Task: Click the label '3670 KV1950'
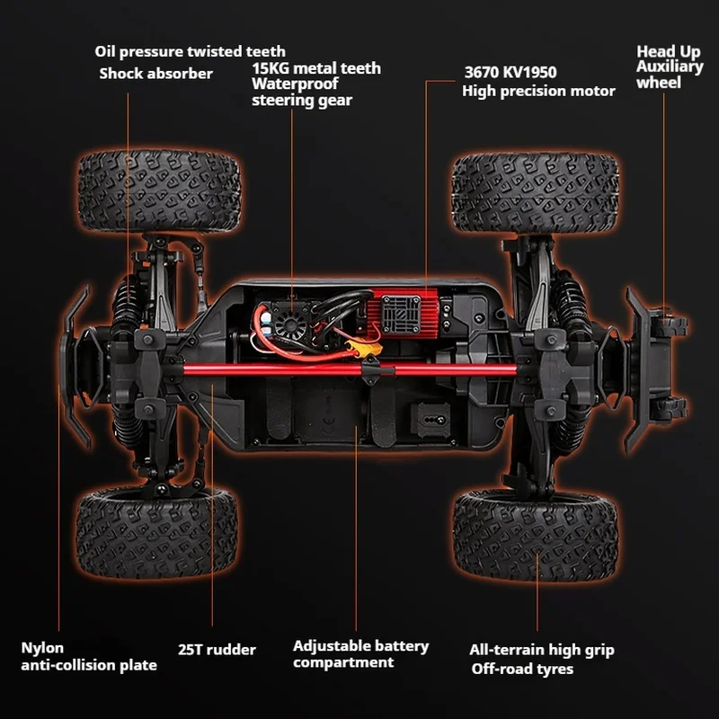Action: pyautogui.click(x=510, y=72)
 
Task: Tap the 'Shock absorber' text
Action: pyautogui.click(x=155, y=74)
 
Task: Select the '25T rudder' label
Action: pyautogui.click(x=217, y=649)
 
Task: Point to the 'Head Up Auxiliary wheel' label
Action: pyautogui.click(x=670, y=67)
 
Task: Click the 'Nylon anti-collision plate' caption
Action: pyautogui.click(x=89, y=657)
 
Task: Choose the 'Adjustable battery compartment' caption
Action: pyautogui.click(x=361, y=654)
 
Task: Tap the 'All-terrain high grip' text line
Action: pyautogui.click(x=542, y=650)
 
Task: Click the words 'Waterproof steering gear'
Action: pyautogui.click(x=302, y=92)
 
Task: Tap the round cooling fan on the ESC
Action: pyautogui.click(x=289, y=324)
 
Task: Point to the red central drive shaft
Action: pyautogui.click(x=350, y=369)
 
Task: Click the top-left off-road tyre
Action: pyautogui.click(x=159, y=191)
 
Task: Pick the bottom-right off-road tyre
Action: pyautogui.click(x=535, y=534)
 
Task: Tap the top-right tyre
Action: pyautogui.click(x=535, y=192)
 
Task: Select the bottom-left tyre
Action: pyautogui.click(x=156, y=532)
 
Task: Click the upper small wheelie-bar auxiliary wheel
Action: pyautogui.click(x=670, y=324)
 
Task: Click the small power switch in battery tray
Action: pyautogui.click(x=431, y=420)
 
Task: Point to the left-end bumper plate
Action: pyautogui.click(x=75, y=367)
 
